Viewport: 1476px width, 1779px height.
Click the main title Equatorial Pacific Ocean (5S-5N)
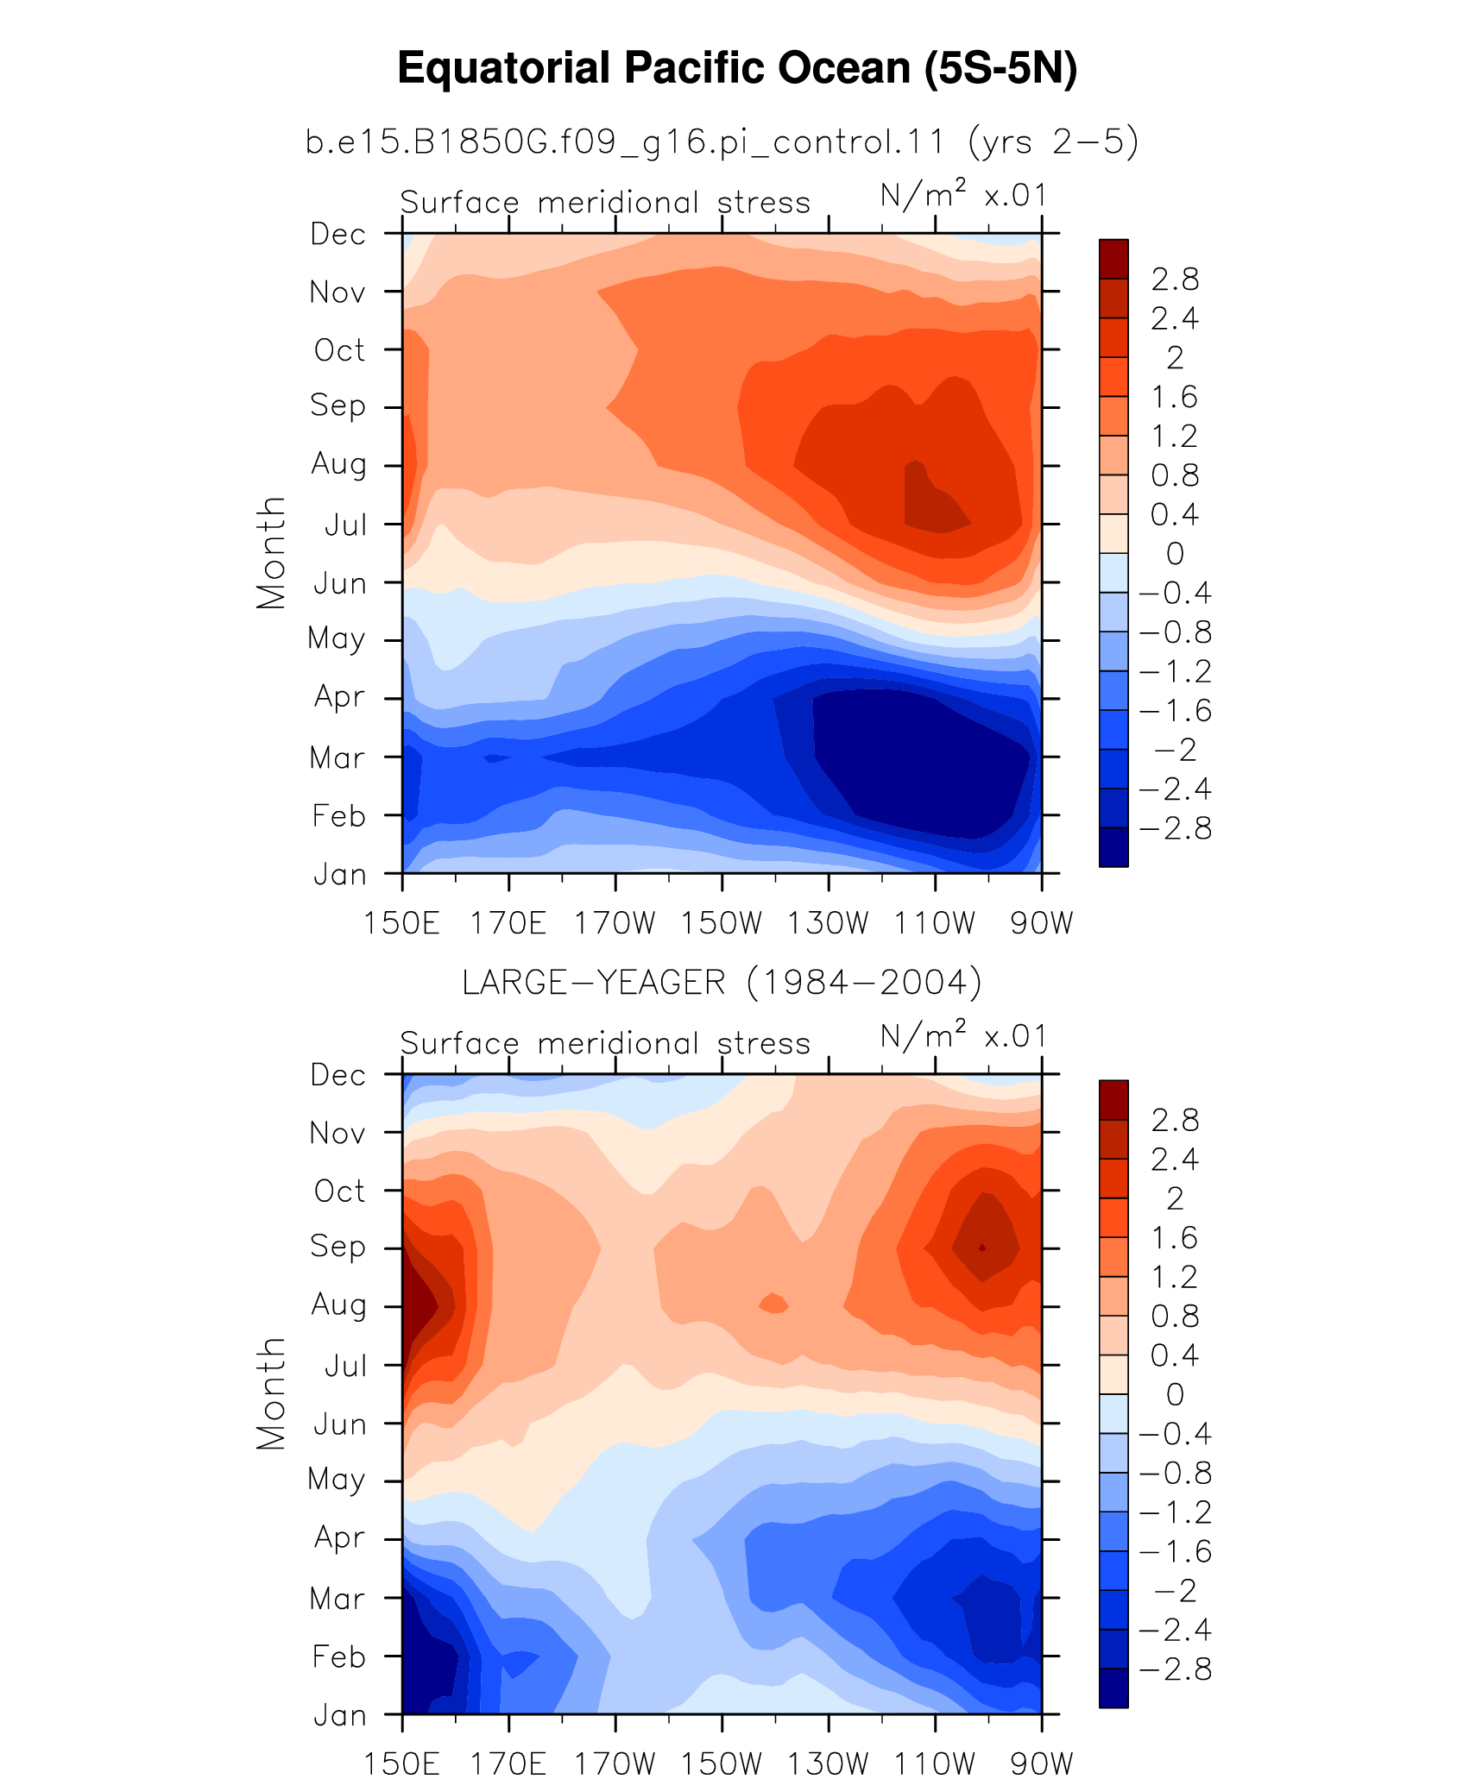click(737, 68)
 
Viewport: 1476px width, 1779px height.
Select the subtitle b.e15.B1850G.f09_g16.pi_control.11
click(626, 141)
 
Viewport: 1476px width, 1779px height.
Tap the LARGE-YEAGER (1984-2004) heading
click(722, 983)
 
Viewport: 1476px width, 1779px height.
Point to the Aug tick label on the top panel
click(338, 464)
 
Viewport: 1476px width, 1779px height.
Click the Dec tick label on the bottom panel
click(338, 1075)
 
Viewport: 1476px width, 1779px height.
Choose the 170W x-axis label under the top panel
click(615, 923)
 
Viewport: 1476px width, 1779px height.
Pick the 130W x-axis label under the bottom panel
click(828, 1763)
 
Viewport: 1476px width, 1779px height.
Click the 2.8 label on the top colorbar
click(1175, 280)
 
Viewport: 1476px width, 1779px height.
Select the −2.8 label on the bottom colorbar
click(1175, 1669)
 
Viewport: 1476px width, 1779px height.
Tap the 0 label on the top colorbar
click(1175, 554)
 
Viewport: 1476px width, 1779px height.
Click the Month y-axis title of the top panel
click(271, 553)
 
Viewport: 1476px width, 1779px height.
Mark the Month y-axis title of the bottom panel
click(271, 1393)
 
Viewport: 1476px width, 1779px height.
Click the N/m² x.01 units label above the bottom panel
click(963, 1035)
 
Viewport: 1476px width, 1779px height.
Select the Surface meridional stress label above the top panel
click(605, 202)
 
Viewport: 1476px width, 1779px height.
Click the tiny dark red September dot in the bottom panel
click(982, 1248)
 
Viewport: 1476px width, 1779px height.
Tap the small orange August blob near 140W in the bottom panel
click(773, 1304)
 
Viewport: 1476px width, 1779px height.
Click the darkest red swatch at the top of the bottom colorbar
click(1113, 1100)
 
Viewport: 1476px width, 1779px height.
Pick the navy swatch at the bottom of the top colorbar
click(1113, 847)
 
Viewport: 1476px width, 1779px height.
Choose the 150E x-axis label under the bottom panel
click(402, 1763)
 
